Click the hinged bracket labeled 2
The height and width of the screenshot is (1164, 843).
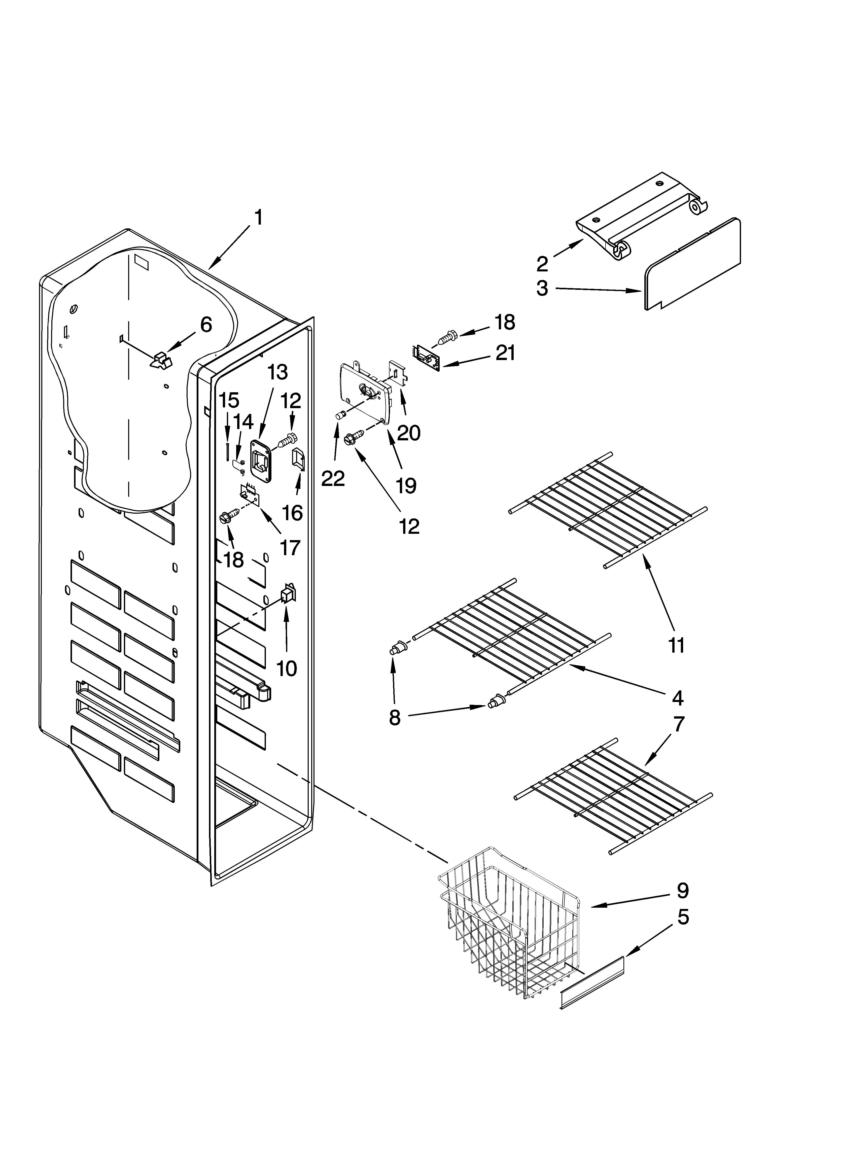(x=642, y=216)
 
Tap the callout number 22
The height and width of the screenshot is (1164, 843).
(x=333, y=478)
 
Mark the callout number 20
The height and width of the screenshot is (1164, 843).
(x=409, y=433)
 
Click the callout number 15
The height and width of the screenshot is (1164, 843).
(x=229, y=400)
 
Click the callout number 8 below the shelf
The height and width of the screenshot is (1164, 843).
(x=394, y=718)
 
